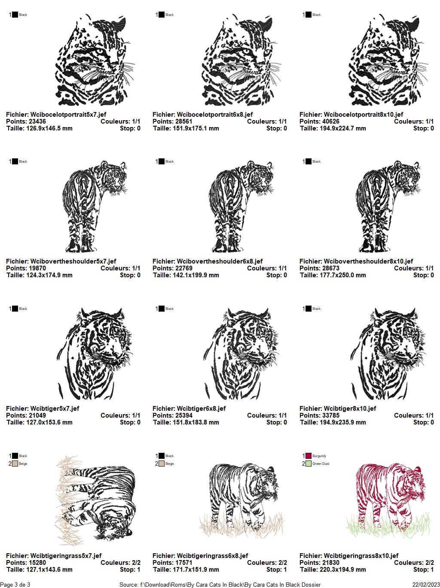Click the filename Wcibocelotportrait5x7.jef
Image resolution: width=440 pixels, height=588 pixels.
(68, 115)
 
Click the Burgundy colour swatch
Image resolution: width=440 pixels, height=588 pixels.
(309, 456)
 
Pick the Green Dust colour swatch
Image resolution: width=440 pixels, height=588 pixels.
(309, 464)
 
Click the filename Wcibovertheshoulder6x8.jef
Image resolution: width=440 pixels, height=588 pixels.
(220, 261)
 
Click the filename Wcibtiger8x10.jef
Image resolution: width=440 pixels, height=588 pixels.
(350, 409)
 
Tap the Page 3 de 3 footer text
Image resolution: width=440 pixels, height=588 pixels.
(15, 585)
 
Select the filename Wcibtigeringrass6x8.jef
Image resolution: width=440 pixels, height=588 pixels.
(212, 556)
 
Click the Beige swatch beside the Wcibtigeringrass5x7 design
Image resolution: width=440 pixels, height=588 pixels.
(15, 464)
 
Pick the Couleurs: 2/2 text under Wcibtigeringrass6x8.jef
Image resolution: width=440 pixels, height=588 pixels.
(267, 563)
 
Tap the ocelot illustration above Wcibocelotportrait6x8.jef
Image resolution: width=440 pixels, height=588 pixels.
(241, 60)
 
